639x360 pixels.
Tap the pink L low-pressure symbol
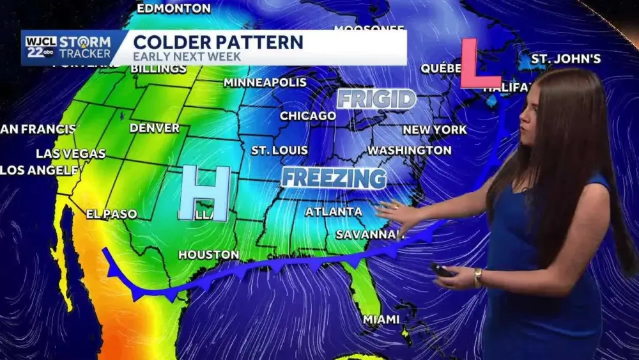[x=479, y=64]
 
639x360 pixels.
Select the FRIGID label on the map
[x=376, y=99]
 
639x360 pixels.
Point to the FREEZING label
[x=334, y=178]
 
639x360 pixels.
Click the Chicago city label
[x=308, y=116]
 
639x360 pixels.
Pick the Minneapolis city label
[x=265, y=82]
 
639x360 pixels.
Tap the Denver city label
[x=155, y=128]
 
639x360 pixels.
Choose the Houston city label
[x=208, y=254]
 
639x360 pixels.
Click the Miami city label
[x=381, y=318]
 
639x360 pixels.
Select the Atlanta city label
[x=334, y=211]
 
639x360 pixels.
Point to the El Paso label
[x=112, y=214]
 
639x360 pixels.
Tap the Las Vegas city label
[x=70, y=153]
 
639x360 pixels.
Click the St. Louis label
[x=279, y=150]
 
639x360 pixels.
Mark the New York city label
[x=435, y=130]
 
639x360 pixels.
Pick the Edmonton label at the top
[x=174, y=8]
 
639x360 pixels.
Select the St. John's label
[x=566, y=59]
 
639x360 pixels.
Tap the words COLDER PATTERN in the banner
[x=218, y=42]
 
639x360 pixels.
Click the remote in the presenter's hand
[x=442, y=270]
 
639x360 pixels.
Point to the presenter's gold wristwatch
[x=477, y=276]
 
